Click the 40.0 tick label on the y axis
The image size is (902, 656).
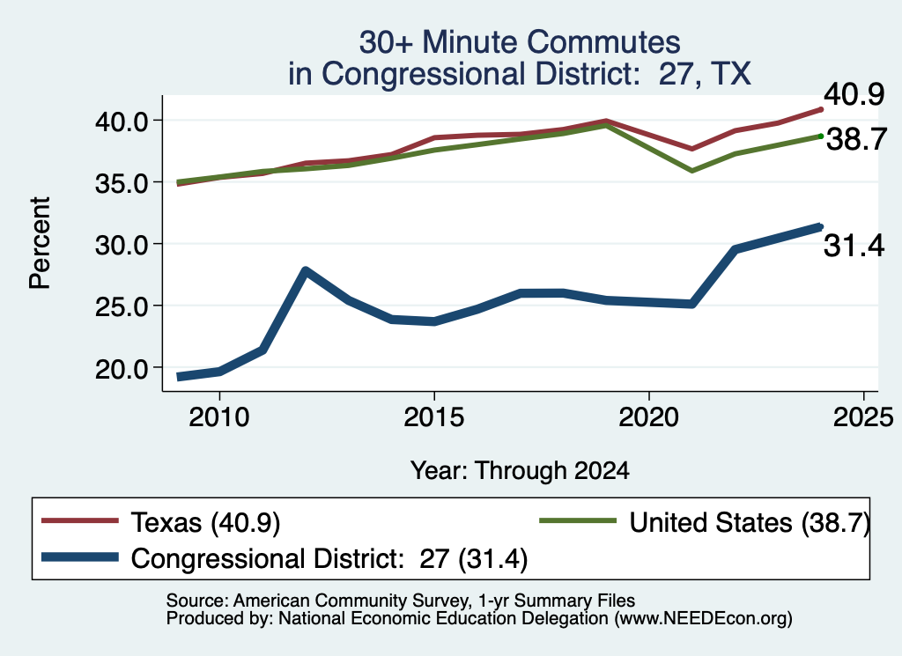122,122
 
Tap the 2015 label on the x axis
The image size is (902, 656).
433,416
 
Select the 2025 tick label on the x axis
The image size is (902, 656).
863,416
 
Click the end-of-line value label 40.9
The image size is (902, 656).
854,93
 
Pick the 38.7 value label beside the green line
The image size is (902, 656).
856,139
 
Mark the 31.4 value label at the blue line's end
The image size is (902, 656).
854,246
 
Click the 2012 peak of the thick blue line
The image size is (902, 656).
306,271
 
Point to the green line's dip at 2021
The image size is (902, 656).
691,171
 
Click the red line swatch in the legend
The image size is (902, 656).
80,521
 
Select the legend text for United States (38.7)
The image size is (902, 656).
750,523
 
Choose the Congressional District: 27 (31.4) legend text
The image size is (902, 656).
329,558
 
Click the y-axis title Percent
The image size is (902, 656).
40,243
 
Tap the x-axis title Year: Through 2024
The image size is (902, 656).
520,470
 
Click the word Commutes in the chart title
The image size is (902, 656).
603,42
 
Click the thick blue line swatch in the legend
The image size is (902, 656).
80,557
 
